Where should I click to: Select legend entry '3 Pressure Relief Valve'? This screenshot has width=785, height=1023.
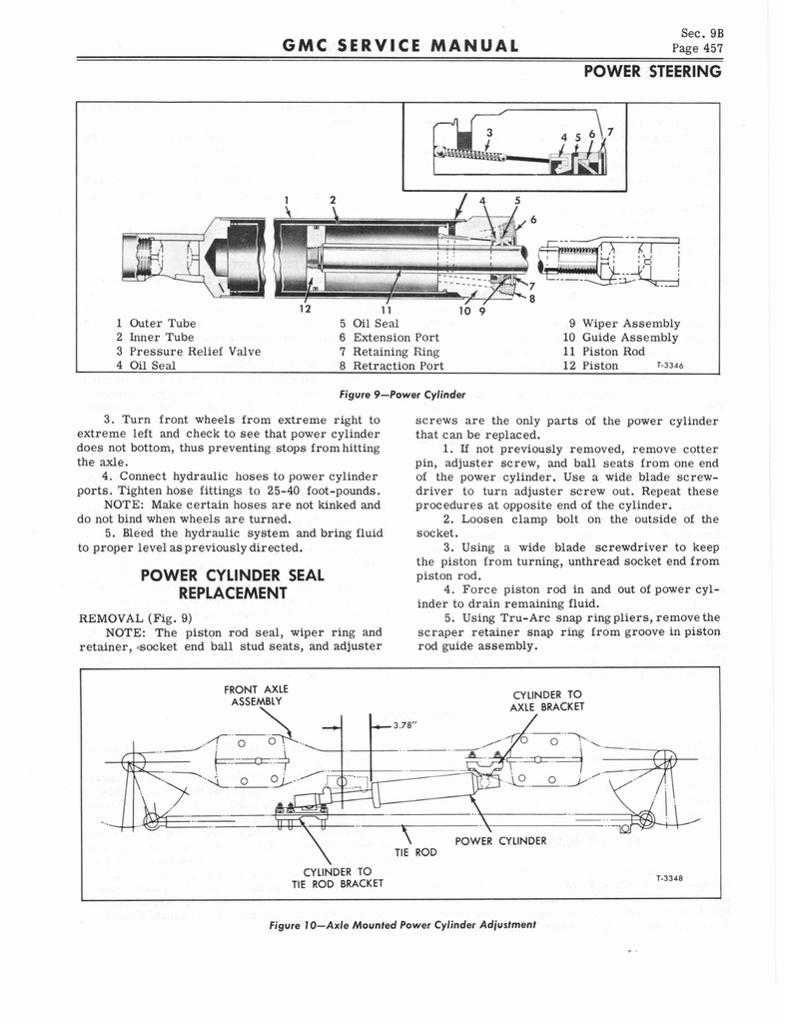[x=188, y=351]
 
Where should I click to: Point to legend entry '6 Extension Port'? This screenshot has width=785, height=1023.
[x=389, y=337]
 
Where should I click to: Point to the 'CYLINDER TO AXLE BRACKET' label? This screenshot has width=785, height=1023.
[x=546, y=701]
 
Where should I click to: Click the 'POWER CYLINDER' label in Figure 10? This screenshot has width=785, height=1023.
[x=500, y=840]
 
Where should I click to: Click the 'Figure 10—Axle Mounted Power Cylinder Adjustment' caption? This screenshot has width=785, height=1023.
[x=403, y=925]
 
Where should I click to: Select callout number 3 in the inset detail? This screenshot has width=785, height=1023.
[x=489, y=131]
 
